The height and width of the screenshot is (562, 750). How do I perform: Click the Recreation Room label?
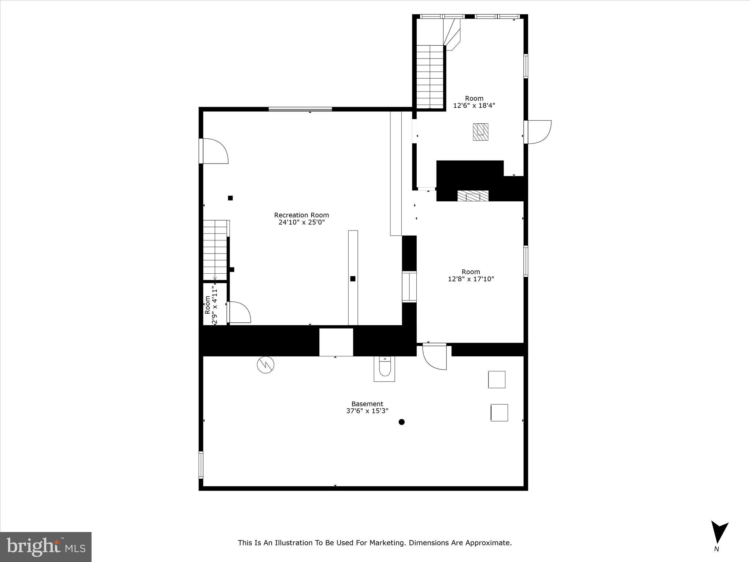[301, 215]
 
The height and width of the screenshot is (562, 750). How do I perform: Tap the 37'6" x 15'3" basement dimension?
[367, 411]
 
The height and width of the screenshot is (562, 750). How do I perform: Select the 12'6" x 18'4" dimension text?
[474, 105]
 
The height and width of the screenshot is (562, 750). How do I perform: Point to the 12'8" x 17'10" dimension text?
[471, 279]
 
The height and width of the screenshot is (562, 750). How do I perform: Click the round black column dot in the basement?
[401, 422]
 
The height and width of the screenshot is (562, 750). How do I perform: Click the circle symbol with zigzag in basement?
[266, 365]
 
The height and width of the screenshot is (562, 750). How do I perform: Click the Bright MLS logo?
[46, 547]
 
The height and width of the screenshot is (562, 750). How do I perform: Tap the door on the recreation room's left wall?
[214, 151]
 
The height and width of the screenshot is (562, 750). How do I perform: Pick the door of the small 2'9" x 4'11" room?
[239, 312]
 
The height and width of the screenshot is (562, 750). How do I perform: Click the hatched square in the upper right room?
[480, 132]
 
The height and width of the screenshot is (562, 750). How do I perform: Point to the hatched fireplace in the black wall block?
[473, 196]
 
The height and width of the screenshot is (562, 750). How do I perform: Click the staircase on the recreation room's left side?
[215, 250]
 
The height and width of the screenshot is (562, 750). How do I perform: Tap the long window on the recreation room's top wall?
[300, 109]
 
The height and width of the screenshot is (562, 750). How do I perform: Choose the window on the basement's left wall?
[201, 465]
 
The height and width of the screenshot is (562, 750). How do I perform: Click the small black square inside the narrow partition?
[353, 279]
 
